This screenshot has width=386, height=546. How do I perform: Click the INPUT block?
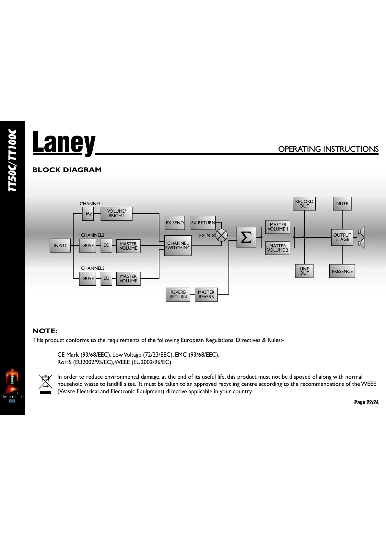tap(60, 245)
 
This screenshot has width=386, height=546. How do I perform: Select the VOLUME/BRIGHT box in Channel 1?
tap(116, 214)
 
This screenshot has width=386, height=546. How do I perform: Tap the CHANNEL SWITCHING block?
tap(178, 245)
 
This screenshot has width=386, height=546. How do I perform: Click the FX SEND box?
tap(175, 223)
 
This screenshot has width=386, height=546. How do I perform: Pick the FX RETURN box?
tap(203, 223)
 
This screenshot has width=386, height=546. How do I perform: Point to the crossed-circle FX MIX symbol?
tap(222, 235)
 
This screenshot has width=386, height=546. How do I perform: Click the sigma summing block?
tap(246, 237)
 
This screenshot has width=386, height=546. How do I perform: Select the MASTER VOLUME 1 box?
tap(278, 227)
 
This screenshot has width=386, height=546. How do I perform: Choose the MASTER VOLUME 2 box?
tap(277, 248)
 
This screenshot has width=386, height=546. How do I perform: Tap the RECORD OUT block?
tap(304, 204)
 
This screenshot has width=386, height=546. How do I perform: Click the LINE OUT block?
tap(304, 271)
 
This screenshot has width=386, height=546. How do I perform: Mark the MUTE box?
tap(342, 204)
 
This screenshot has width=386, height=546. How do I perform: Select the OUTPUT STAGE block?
tap(342, 237)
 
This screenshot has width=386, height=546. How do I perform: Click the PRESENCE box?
tap(342, 271)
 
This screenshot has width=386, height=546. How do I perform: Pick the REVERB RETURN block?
tap(178, 294)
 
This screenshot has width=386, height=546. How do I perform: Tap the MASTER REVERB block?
tap(206, 294)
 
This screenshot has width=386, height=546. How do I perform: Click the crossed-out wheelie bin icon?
tap(46, 383)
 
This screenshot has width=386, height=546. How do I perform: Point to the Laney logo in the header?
tap(64, 142)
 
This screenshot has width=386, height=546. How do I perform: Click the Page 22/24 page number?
tap(366, 402)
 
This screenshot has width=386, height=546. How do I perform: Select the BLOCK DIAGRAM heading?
tap(67, 170)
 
